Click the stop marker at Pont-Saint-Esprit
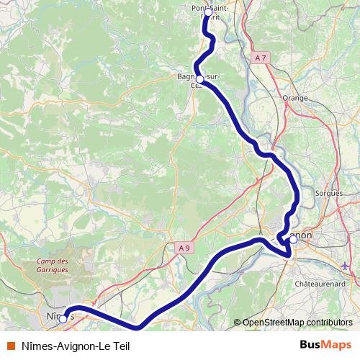coord(208,12)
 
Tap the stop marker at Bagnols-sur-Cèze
coord(199,80)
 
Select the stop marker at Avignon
coord(293,239)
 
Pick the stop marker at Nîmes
coord(63,318)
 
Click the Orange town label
coord(294,98)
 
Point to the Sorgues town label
coord(328,193)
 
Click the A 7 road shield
coord(261,57)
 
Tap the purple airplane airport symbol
coord(345,266)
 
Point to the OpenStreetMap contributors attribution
coord(297,323)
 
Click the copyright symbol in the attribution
coord(237,323)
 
